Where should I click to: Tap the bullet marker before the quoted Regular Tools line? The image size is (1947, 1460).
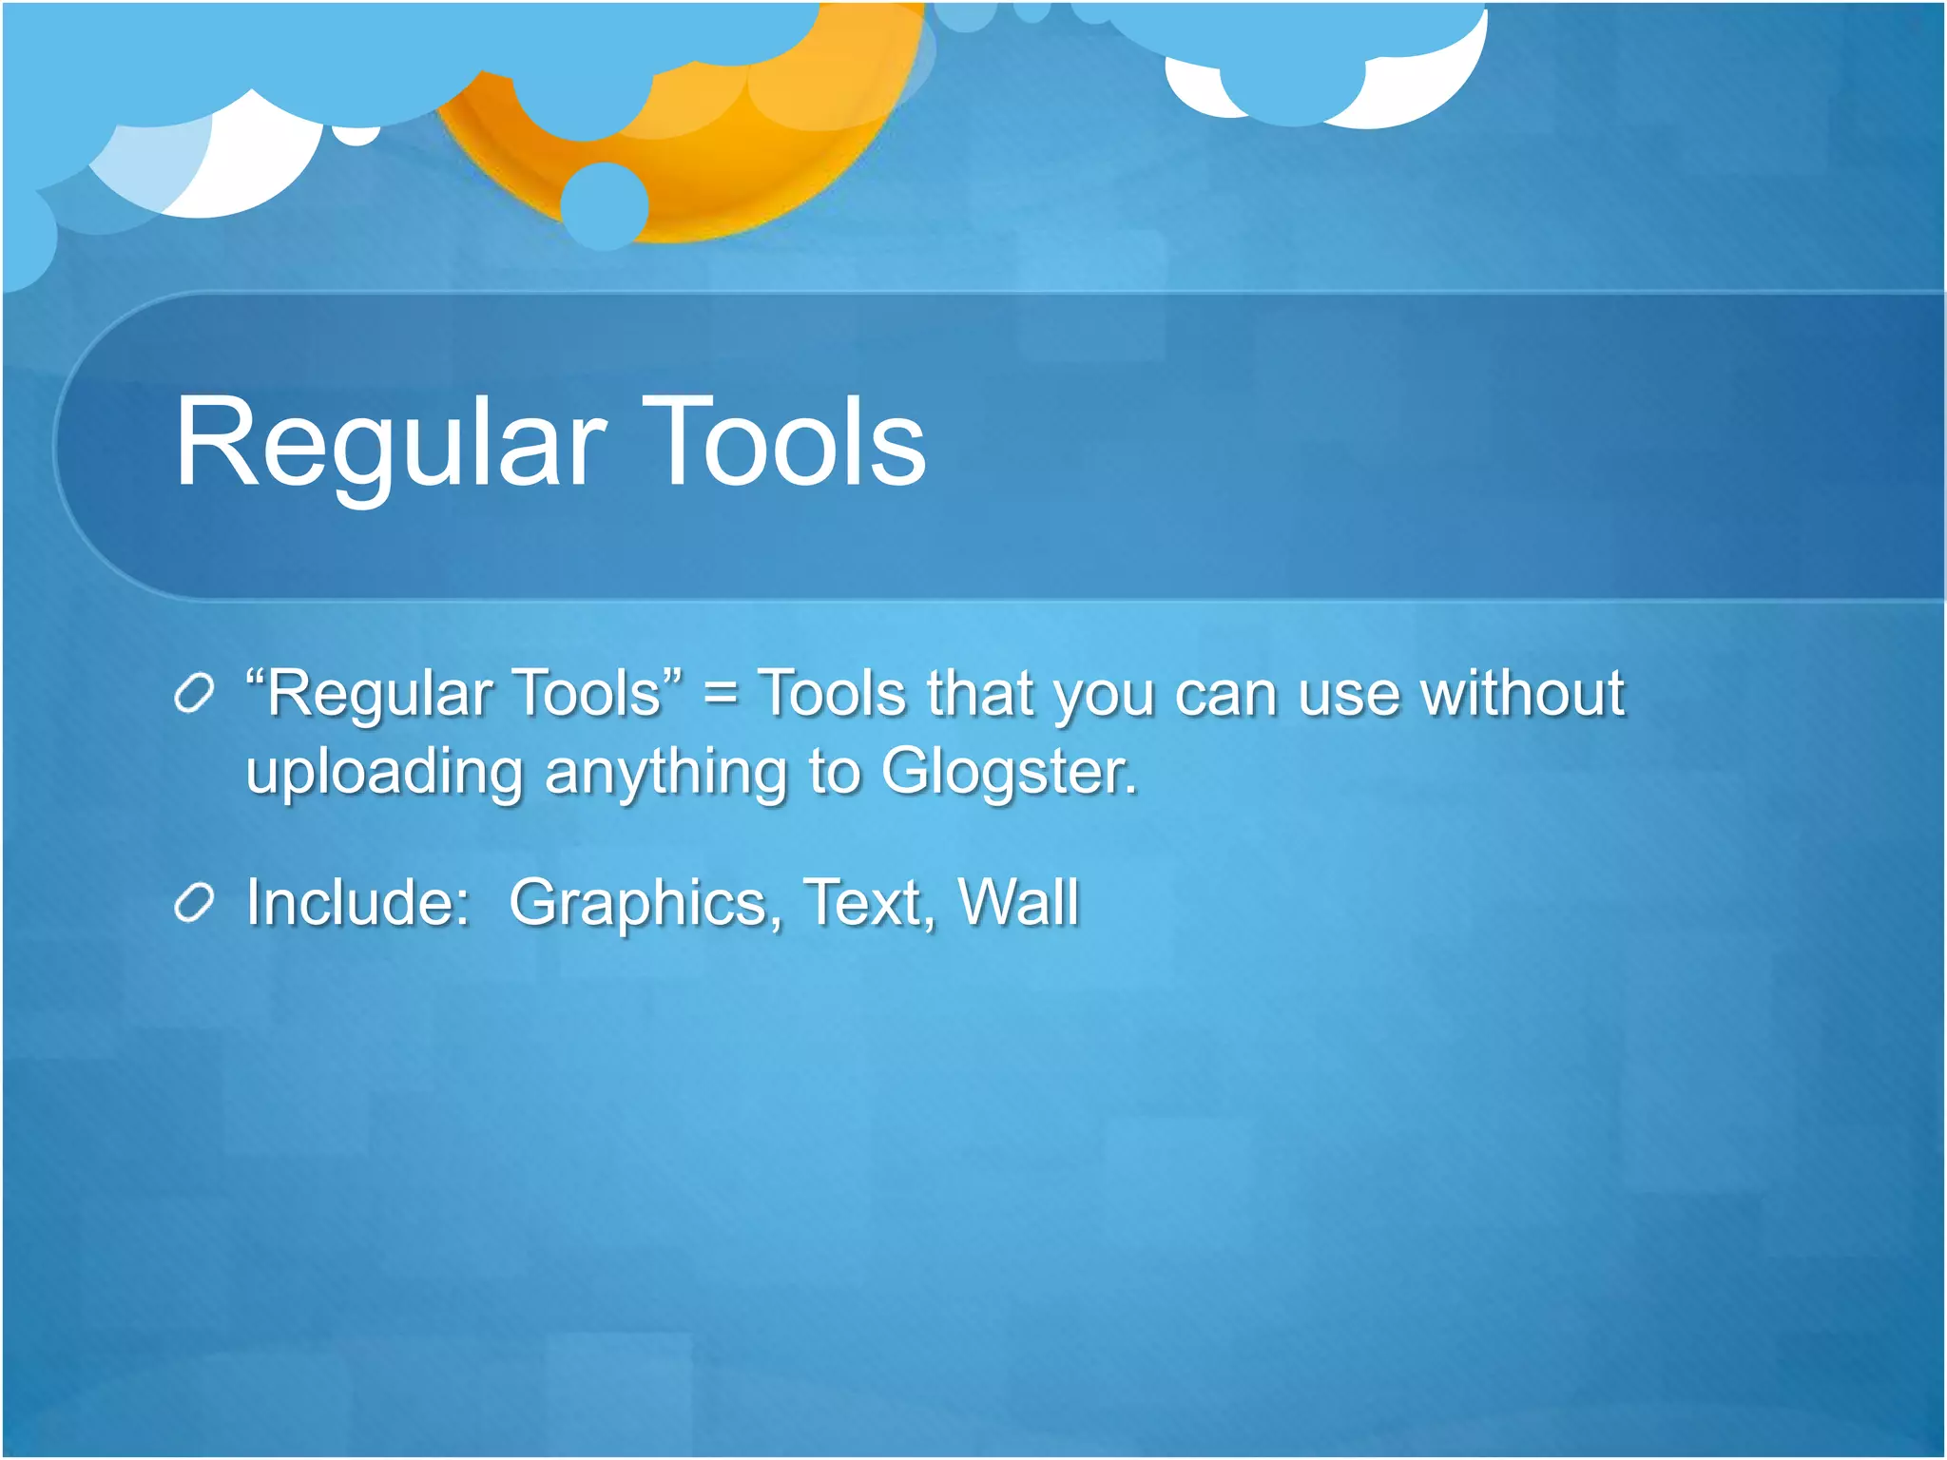point(194,695)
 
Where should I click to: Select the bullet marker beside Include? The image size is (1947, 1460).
point(194,903)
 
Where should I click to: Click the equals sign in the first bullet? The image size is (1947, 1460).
point(720,695)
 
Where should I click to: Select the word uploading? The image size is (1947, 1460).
point(384,773)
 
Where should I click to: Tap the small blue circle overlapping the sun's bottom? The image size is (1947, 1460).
point(604,204)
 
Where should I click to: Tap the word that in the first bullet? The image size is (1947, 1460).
point(978,693)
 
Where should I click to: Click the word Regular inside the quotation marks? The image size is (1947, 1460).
point(378,695)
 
